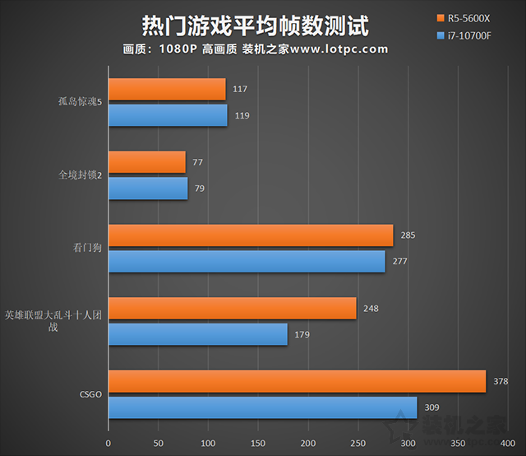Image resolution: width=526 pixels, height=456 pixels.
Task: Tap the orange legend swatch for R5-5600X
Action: (441, 17)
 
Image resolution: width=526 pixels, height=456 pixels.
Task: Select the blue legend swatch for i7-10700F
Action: (441, 36)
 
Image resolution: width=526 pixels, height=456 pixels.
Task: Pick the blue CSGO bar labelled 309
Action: (262, 407)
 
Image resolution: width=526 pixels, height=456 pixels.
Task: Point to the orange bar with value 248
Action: (232, 309)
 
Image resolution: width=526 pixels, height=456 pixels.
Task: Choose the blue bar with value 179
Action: (197, 334)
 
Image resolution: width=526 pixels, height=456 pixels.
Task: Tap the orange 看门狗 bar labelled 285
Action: (251, 235)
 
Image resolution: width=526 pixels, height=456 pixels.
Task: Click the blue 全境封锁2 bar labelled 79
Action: (148, 188)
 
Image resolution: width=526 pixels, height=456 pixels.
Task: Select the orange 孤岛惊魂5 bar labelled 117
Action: (167, 89)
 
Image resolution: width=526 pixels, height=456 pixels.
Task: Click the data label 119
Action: (242, 115)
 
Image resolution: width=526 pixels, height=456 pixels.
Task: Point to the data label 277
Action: (400, 262)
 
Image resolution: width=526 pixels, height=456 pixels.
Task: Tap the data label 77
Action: (197, 162)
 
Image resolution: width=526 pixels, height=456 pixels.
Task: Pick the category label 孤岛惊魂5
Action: (80, 102)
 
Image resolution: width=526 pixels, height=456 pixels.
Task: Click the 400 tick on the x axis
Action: (509, 443)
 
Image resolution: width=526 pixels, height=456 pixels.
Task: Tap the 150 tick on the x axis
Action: (258, 443)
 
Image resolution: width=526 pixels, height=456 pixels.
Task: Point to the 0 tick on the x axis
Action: (108, 443)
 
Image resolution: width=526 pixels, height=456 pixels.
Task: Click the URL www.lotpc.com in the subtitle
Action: (339, 49)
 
